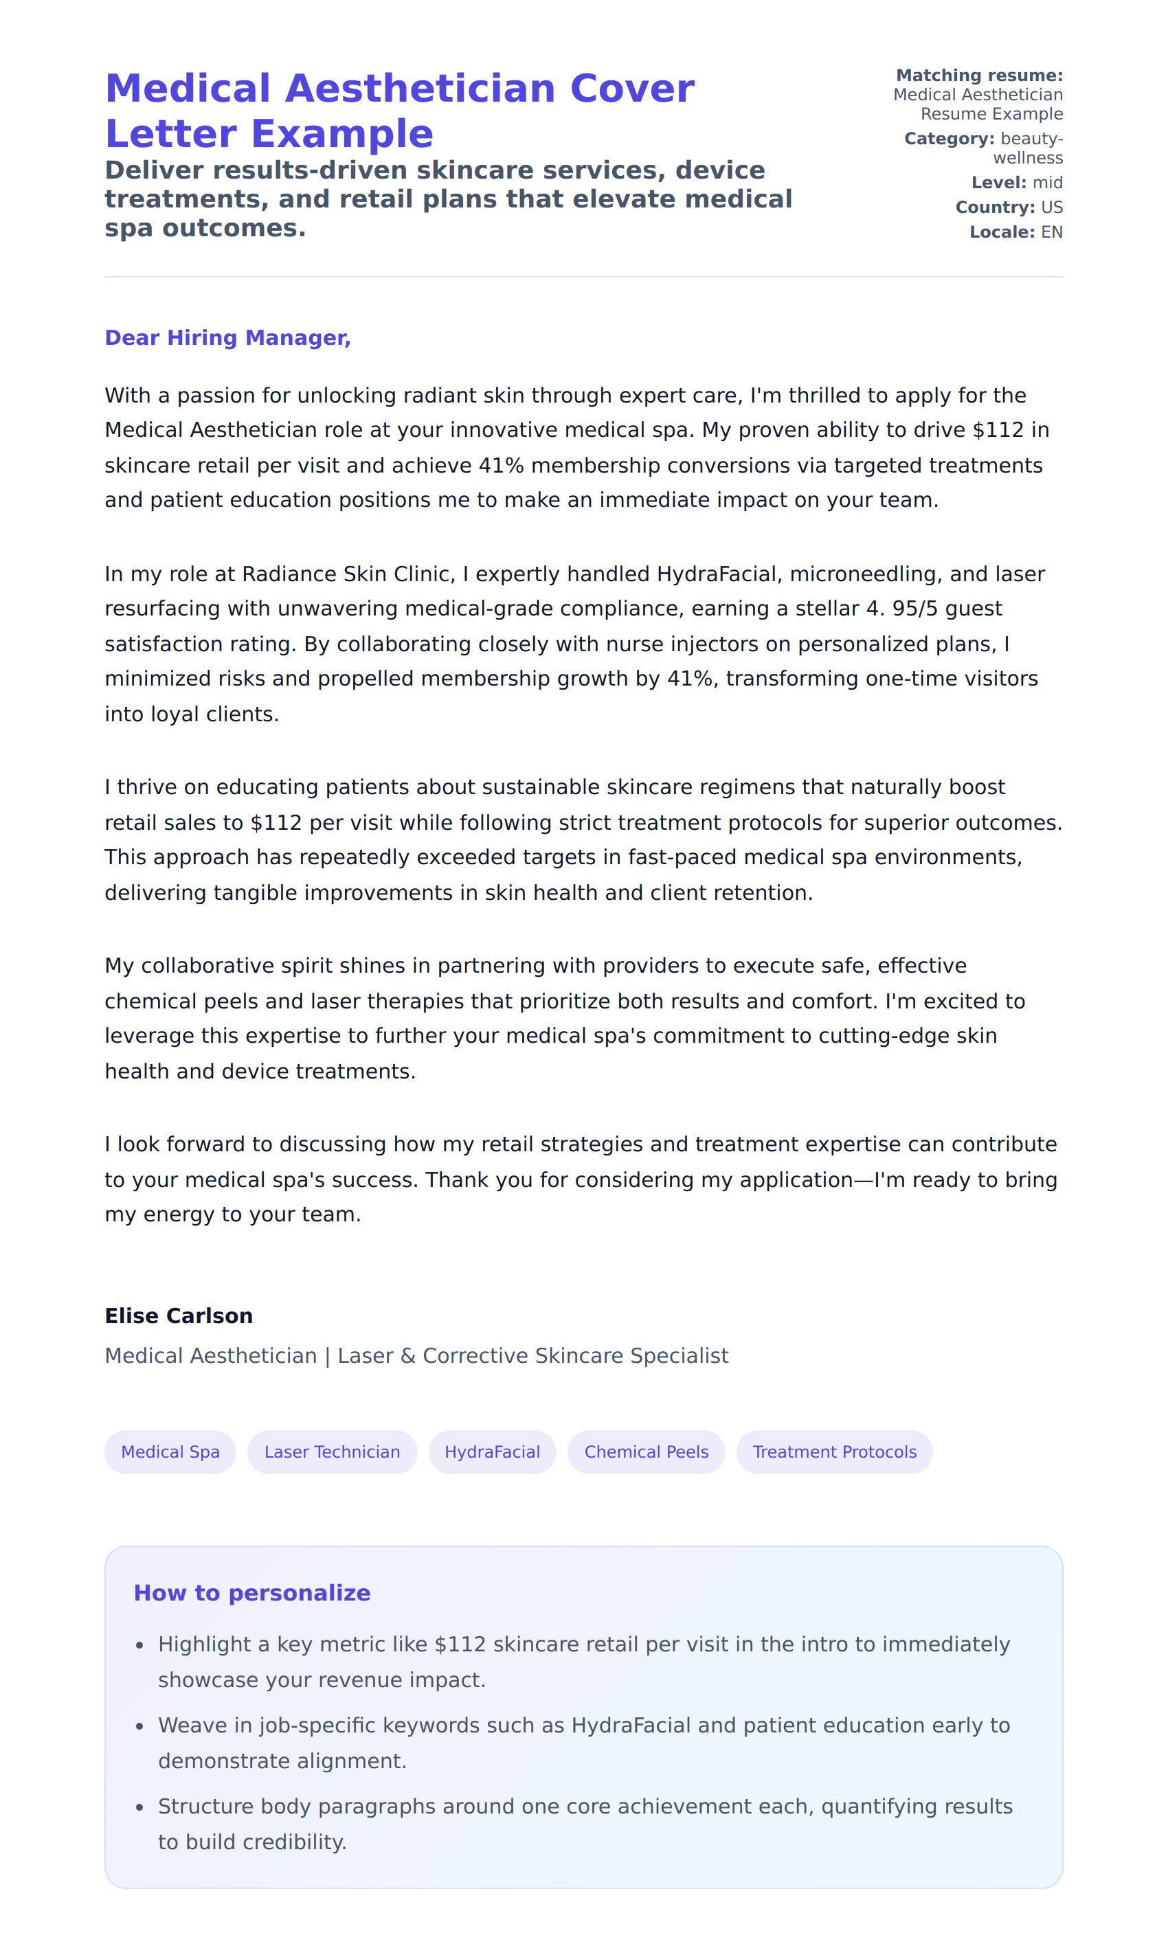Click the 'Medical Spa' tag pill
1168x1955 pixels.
click(x=170, y=1451)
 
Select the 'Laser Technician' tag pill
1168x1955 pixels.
click(x=332, y=1451)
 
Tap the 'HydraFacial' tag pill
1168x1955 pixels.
click(x=492, y=1451)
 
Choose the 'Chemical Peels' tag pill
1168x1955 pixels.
click(x=646, y=1451)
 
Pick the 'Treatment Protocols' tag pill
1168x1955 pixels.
click(x=834, y=1451)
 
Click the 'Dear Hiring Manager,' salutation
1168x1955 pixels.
click(x=227, y=337)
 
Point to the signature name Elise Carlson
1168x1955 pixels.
click(x=179, y=1315)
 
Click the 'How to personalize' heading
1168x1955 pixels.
click(x=252, y=1592)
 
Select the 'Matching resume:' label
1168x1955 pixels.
click(x=979, y=76)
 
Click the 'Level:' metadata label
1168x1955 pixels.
click(x=999, y=183)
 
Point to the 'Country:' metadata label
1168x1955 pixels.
click(x=995, y=207)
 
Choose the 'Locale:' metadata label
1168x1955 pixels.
click(x=1002, y=232)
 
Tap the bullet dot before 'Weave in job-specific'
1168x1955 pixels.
click(x=139, y=1726)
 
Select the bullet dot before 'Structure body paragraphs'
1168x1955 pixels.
click(x=139, y=1807)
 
